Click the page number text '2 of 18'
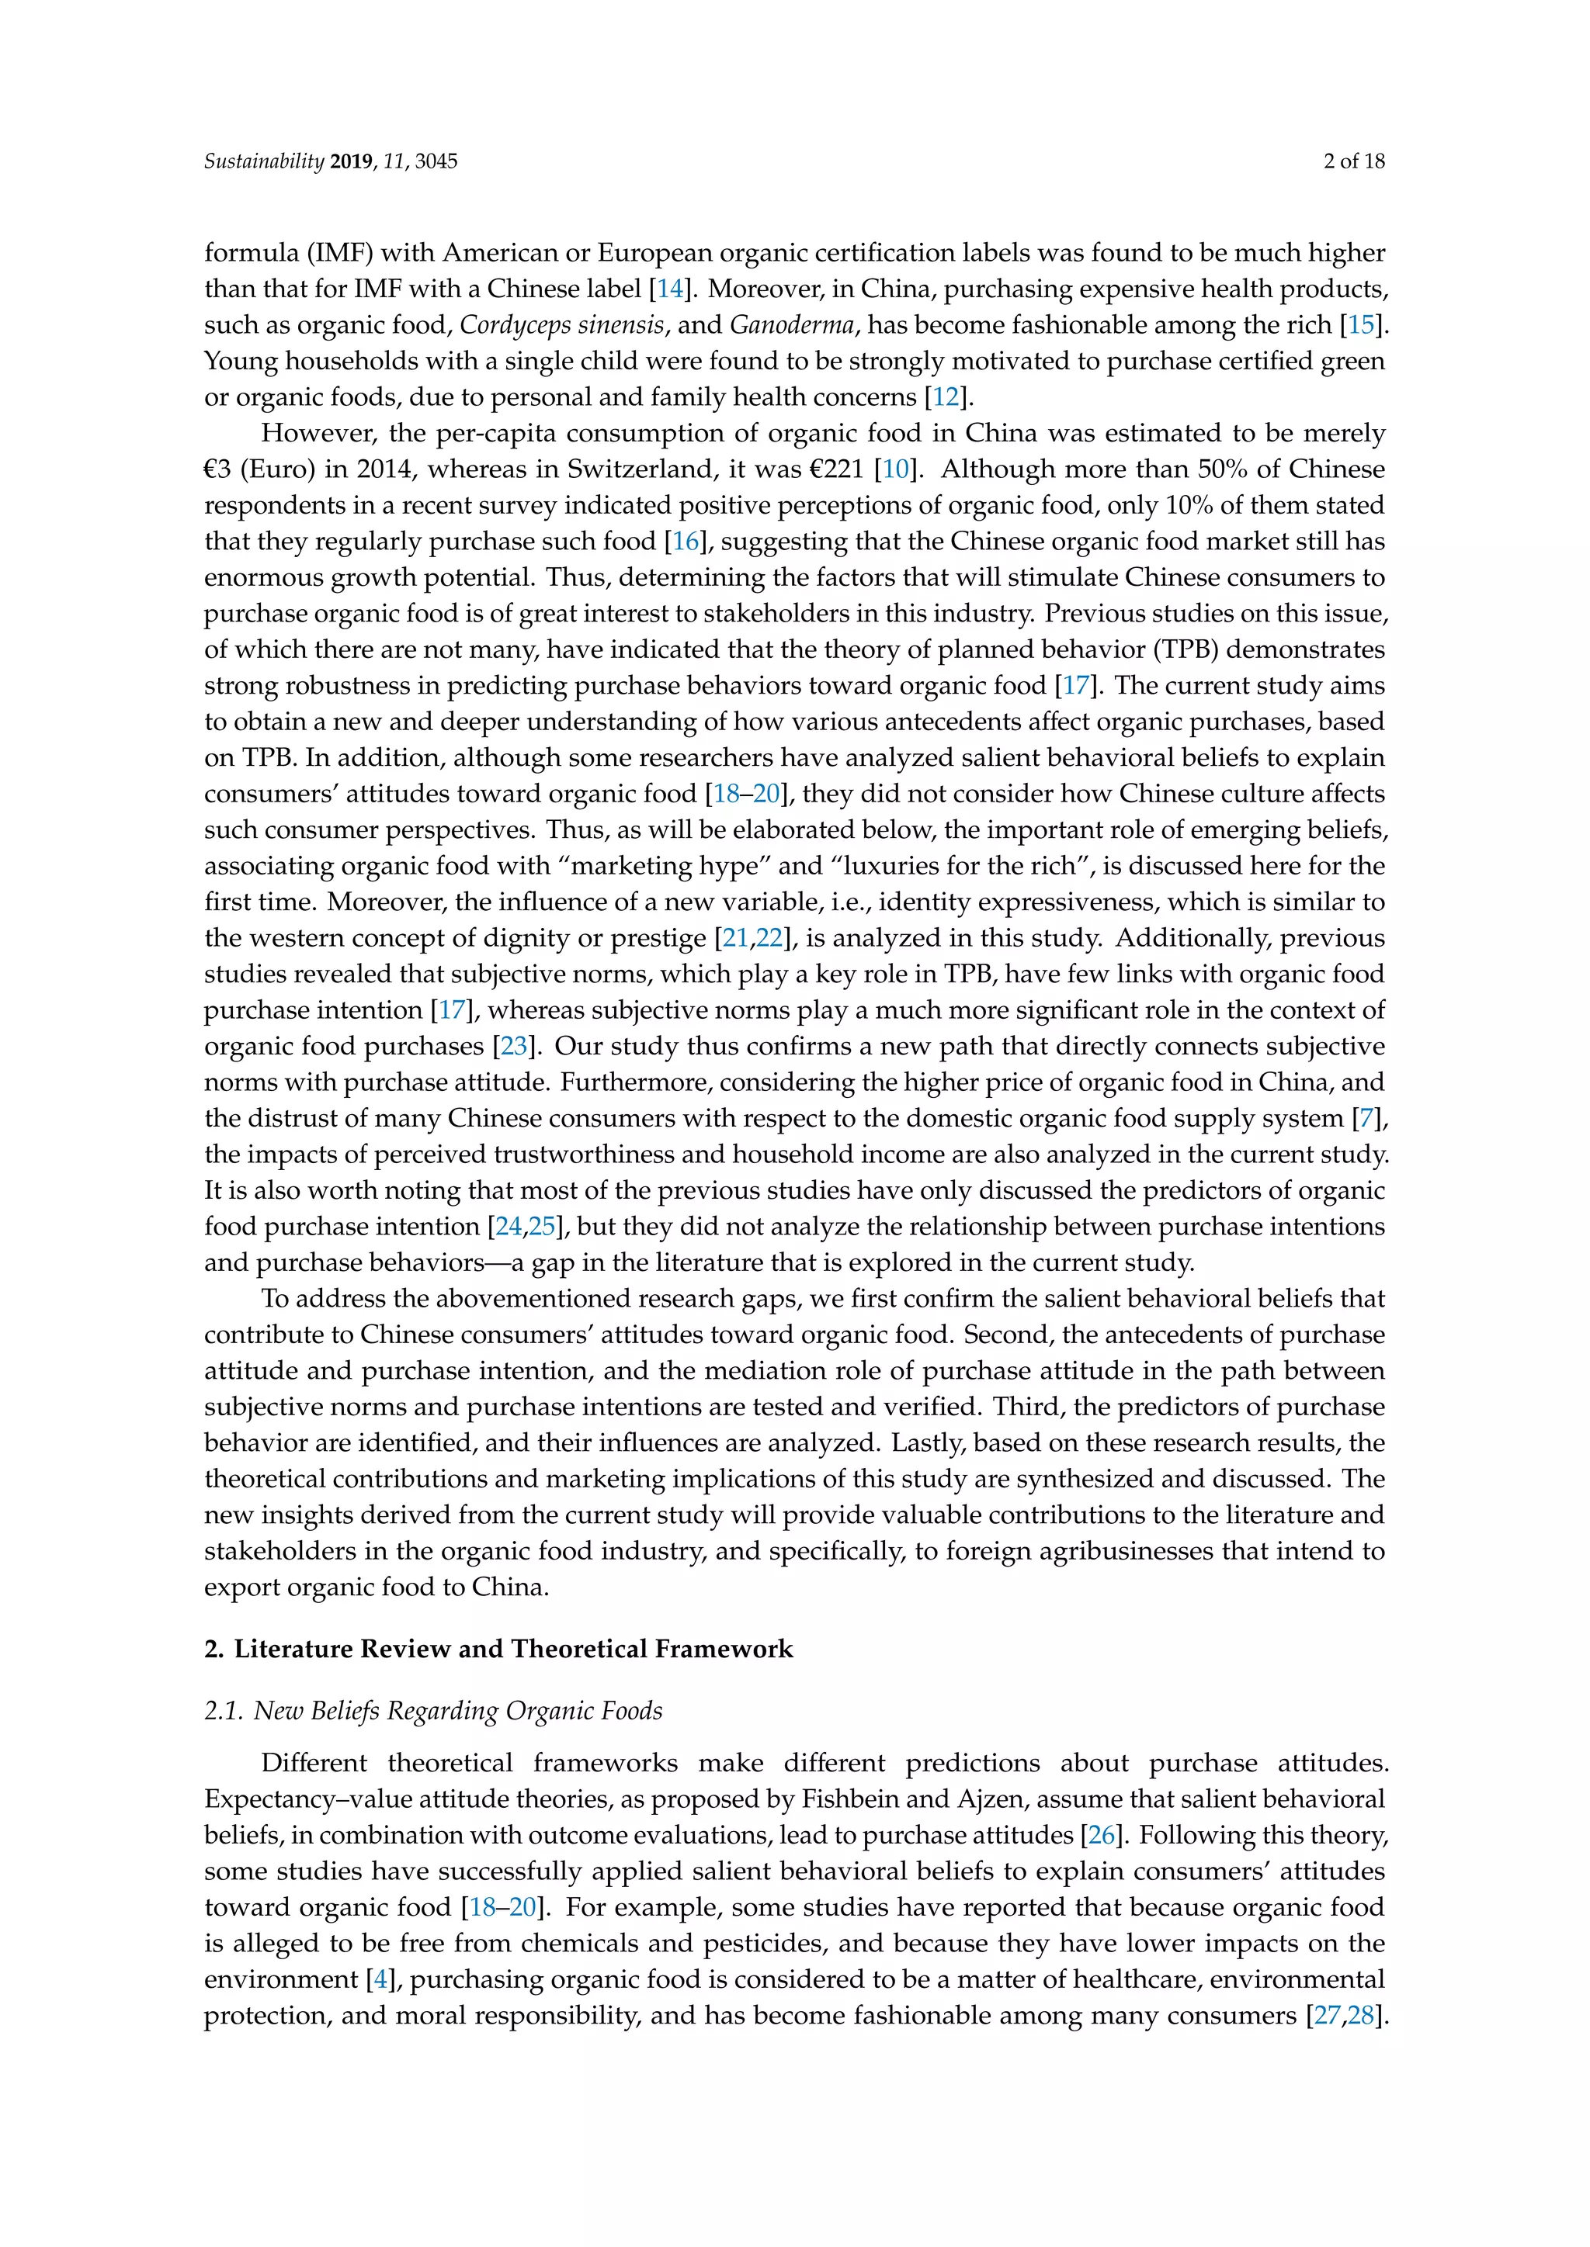point(1353,161)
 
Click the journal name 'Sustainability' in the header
point(263,161)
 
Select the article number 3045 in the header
point(436,161)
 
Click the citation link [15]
point(1361,326)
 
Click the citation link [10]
point(896,469)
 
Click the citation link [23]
point(514,1046)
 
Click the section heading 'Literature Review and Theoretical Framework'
point(513,1649)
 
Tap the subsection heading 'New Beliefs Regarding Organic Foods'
point(457,1711)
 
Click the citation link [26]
point(1102,1835)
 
